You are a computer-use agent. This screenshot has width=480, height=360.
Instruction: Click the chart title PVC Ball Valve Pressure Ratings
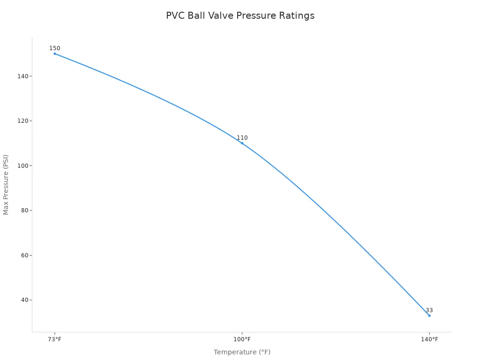click(x=240, y=16)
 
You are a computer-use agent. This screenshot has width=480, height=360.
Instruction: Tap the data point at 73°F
click(x=55, y=53)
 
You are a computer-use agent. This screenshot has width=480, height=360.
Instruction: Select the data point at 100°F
click(x=242, y=143)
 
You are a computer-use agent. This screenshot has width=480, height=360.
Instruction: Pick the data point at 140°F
click(x=429, y=315)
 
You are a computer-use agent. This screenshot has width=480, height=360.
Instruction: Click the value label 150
click(x=55, y=48)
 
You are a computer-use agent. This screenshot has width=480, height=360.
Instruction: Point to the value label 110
click(x=242, y=138)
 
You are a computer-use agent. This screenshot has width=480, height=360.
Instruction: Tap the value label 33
click(x=429, y=310)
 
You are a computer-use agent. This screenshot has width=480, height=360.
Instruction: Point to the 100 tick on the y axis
click(x=23, y=165)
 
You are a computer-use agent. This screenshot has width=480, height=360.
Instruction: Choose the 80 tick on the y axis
click(x=25, y=210)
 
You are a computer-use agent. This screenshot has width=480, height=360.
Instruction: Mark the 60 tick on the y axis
click(x=25, y=255)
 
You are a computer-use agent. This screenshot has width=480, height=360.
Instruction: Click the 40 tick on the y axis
click(x=25, y=300)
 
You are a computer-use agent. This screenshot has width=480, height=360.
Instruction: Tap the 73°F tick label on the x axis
click(x=55, y=339)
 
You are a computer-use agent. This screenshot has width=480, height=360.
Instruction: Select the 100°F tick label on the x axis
click(x=242, y=339)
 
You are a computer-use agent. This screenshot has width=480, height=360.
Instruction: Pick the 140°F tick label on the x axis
click(x=429, y=339)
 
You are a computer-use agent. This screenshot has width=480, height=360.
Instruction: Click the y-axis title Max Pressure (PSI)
click(x=6, y=185)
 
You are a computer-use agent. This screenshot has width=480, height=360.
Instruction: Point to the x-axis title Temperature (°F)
click(x=242, y=352)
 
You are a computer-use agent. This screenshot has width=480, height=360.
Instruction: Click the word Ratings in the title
click(x=297, y=16)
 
